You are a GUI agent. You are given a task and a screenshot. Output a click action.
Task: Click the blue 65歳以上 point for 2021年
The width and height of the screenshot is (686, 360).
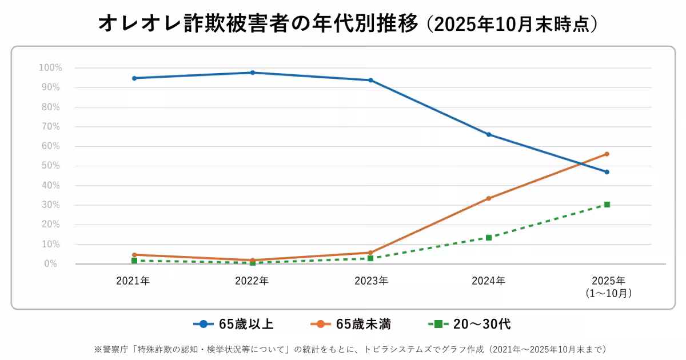click(x=134, y=78)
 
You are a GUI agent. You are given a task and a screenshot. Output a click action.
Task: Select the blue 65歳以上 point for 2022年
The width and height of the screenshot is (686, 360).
click(x=253, y=73)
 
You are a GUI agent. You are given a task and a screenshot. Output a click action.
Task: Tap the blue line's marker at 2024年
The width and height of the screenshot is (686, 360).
click(x=489, y=134)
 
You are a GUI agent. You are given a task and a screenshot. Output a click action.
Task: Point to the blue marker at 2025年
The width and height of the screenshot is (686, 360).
click(x=607, y=172)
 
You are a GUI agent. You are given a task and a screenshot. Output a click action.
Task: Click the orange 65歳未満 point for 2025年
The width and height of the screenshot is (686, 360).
click(x=607, y=154)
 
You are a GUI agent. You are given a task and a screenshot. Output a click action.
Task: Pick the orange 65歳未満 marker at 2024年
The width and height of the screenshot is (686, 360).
click(x=489, y=198)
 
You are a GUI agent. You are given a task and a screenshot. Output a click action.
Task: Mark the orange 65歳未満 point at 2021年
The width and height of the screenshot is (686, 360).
click(x=134, y=255)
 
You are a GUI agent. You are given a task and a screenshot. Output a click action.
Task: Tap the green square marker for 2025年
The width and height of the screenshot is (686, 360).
click(x=607, y=205)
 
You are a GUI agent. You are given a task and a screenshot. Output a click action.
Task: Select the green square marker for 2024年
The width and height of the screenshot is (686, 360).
click(x=489, y=238)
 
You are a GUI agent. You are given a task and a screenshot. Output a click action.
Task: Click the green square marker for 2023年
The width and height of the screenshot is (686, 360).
click(x=370, y=258)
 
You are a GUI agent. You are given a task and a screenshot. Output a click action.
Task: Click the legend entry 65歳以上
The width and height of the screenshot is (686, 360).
click(x=246, y=324)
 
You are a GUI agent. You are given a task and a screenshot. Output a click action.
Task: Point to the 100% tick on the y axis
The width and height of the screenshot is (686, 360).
click(x=50, y=68)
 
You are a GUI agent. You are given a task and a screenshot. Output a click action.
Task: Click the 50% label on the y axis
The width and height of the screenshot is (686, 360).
click(x=50, y=166)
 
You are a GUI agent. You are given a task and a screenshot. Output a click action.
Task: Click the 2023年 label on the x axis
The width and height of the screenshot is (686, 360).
click(x=370, y=281)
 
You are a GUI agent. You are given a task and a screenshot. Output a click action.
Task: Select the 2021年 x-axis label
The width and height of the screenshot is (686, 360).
click(x=133, y=281)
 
